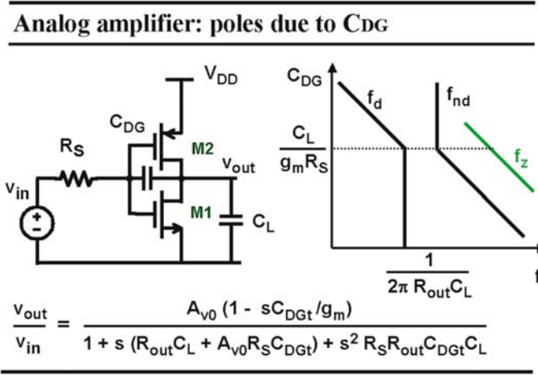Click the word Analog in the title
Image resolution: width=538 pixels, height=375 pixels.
[x=52, y=25]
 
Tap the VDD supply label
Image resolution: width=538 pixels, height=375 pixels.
[x=221, y=75]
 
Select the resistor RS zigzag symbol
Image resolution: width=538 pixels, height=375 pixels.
[x=76, y=178]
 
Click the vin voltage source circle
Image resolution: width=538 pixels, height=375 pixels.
[x=37, y=223]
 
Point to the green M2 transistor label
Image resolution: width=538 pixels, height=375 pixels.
[x=203, y=148]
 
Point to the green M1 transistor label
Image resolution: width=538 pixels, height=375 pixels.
[x=200, y=213]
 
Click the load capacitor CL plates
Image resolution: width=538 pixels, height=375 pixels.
[x=231, y=220]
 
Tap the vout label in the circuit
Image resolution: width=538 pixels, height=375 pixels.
[x=239, y=165]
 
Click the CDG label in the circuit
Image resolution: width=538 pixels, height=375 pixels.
[x=128, y=123]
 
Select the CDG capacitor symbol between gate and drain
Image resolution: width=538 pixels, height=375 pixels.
[x=148, y=178]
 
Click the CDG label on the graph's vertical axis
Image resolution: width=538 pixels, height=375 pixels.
[x=305, y=77]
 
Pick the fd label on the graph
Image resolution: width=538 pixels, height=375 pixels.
[x=374, y=100]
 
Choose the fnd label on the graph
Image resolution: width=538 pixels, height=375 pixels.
[x=458, y=97]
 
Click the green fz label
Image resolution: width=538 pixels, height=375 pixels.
[x=521, y=159]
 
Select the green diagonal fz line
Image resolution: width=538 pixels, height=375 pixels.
[x=499, y=156]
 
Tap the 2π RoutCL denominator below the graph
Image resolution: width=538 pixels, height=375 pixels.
[x=430, y=287]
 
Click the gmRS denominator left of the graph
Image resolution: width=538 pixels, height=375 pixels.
[x=304, y=164]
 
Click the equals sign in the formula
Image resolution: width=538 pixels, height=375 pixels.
[x=63, y=323]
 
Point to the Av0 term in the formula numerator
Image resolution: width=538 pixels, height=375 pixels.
[x=202, y=310]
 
